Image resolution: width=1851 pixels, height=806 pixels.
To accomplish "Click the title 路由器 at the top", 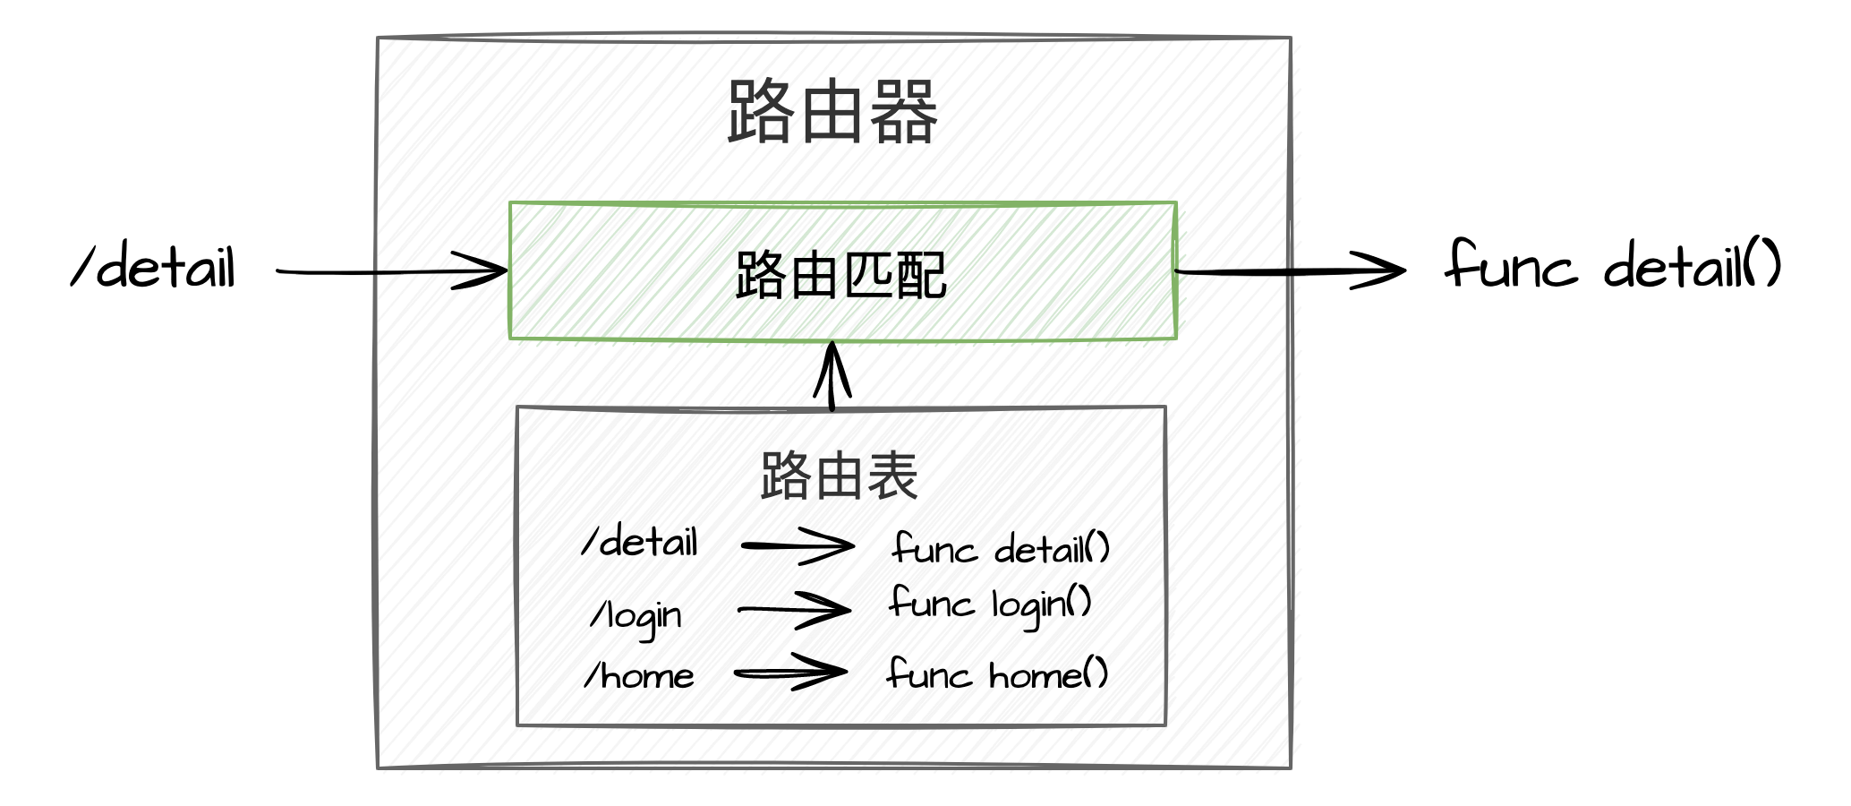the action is pos(833,112).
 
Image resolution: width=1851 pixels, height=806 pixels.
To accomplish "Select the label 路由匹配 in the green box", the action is pos(840,275).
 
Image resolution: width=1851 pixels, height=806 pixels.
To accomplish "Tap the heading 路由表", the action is pos(839,476).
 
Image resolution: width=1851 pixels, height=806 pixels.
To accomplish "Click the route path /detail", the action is pos(642,544).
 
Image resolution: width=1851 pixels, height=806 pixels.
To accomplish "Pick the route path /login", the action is pos(644,613).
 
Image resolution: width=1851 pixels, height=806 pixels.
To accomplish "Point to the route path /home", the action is pos(646,674).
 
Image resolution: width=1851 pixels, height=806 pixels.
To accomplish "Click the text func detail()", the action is pos(1002,548).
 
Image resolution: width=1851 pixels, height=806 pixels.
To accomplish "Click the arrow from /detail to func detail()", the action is pos(797,545).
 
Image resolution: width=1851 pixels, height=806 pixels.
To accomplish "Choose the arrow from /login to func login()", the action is pos(793,609).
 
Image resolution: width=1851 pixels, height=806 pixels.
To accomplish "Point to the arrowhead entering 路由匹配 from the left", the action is pos(474,269).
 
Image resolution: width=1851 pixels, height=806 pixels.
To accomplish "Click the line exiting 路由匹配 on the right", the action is pos(1235,269).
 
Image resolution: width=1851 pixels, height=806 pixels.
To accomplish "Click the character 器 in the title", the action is pos(903,112).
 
